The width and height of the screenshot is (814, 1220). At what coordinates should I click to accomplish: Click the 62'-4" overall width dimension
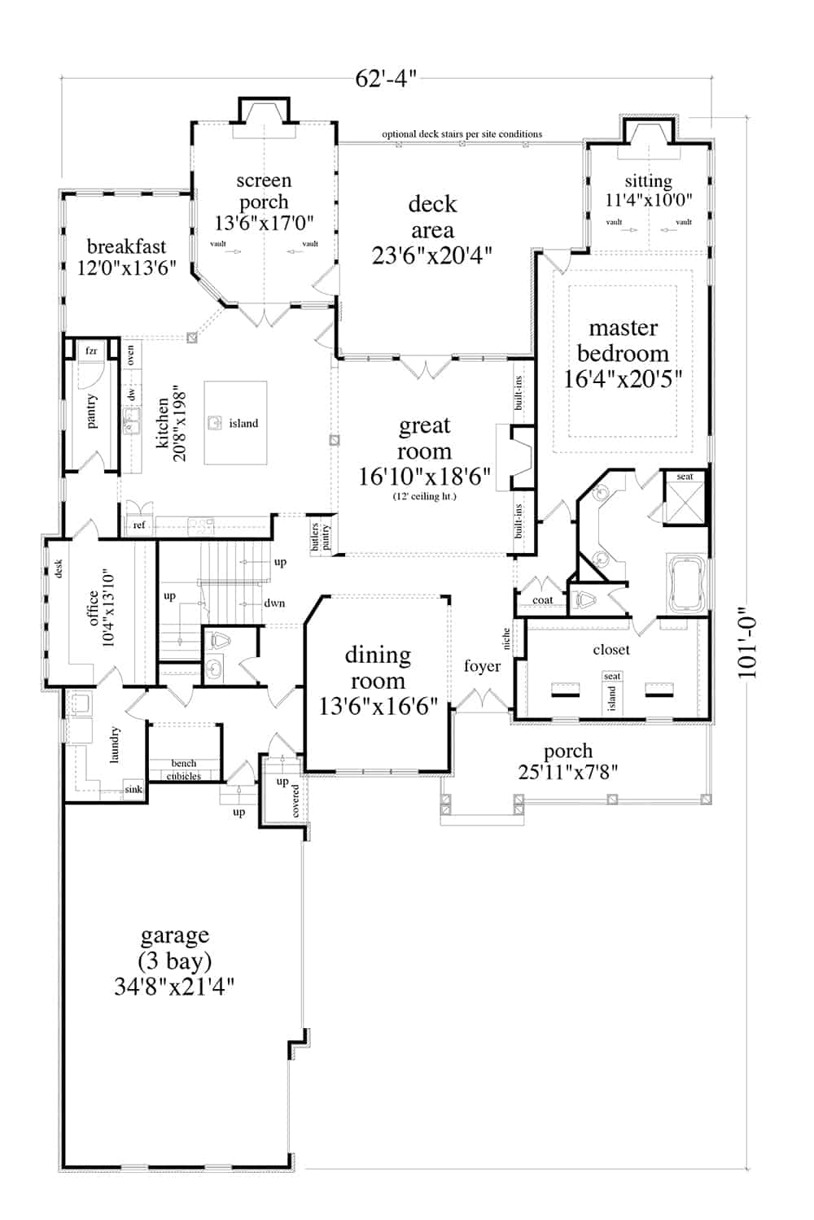[386, 78]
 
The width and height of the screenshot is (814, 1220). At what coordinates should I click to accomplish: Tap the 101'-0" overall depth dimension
[746, 644]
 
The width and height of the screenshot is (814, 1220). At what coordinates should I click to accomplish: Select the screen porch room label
[264, 191]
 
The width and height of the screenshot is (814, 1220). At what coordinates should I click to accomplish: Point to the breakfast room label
[126, 246]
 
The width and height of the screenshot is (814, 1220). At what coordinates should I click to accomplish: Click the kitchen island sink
[215, 423]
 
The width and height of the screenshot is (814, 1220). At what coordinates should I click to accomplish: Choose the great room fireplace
[518, 457]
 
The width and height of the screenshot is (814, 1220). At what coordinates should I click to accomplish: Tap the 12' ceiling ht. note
[424, 496]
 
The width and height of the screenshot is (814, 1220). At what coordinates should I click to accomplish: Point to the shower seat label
[685, 477]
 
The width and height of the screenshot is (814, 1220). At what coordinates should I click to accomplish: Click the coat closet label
[542, 600]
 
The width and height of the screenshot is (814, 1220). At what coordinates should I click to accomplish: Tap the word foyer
[482, 666]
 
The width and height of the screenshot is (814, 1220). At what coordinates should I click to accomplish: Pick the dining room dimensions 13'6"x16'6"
[378, 706]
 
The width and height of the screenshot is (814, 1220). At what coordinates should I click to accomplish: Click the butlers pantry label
[321, 537]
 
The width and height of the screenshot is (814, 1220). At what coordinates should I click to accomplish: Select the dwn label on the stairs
[274, 603]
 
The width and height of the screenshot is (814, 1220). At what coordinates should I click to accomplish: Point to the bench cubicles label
[184, 769]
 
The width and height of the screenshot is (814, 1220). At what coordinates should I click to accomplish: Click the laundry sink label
[133, 789]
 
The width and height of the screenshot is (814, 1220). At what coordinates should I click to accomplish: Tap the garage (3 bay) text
[174, 948]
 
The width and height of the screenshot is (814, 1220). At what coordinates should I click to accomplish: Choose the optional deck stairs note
[462, 134]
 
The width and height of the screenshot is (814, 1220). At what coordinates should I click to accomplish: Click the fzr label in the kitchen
[91, 351]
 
